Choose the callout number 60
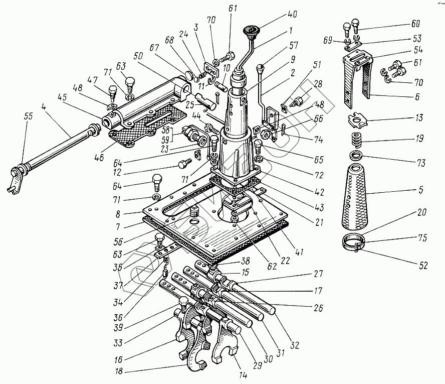point(415,24)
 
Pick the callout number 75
point(421,238)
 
